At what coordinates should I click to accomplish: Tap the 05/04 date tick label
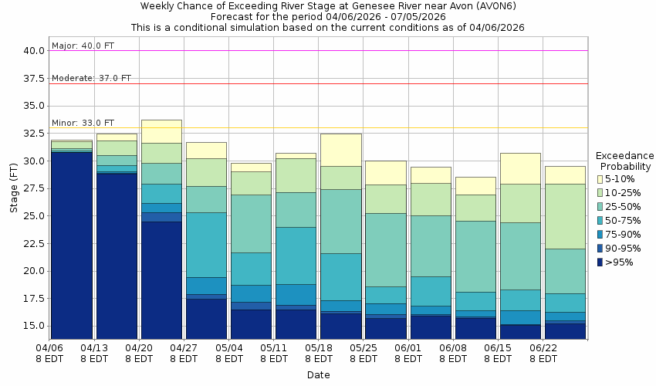pyautogui.click(x=228, y=354)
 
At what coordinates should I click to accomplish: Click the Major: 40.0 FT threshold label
pyautogui.click(x=83, y=46)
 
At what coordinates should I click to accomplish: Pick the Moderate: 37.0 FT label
pyautogui.click(x=91, y=78)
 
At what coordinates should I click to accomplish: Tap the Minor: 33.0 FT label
pyautogui.click(x=83, y=123)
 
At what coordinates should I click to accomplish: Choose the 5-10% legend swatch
pyautogui.click(x=600, y=179)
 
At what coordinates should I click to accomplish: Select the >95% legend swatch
pyautogui.click(x=600, y=262)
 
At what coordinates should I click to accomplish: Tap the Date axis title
pyautogui.click(x=318, y=375)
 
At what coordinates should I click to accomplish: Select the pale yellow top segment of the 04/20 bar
pyautogui.click(x=161, y=131)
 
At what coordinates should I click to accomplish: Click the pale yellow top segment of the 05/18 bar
pyautogui.click(x=340, y=150)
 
